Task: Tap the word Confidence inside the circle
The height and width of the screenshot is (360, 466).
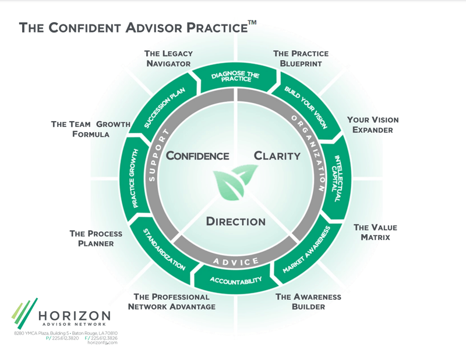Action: coord(197,156)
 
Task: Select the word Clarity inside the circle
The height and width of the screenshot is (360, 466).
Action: coord(277,156)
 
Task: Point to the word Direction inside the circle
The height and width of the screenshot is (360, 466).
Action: coord(236,221)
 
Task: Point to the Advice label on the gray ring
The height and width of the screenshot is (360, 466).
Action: coord(235,261)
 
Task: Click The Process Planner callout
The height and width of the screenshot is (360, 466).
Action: coord(96,238)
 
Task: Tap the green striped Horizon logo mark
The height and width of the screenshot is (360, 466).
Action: coord(23,313)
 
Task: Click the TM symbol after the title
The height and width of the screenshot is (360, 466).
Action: coord(252,23)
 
